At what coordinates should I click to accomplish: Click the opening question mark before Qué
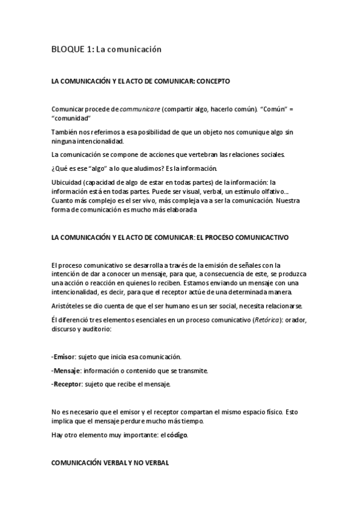pyautogui.click(x=53, y=168)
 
